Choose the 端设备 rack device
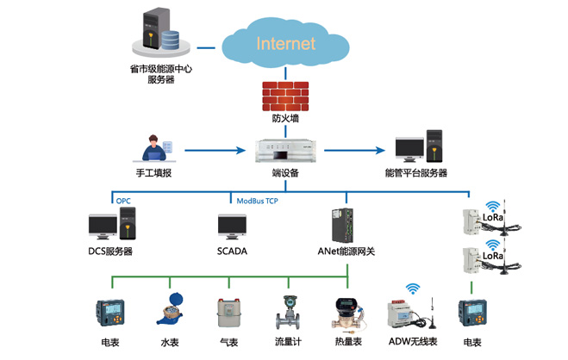click(284, 151)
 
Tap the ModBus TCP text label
click(258, 201)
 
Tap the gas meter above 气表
click(229, 311)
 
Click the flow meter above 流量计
click(287, 310)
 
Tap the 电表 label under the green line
click(109, 342)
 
